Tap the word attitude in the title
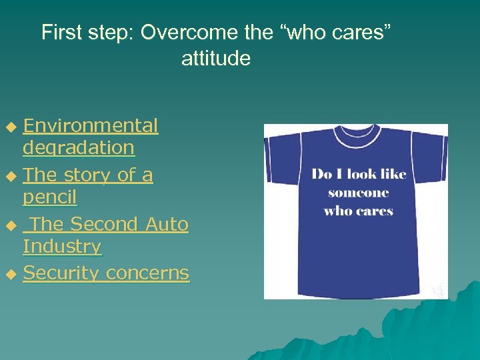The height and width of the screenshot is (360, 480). click(x=216, y=59)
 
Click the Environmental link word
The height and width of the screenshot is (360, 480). click(x=91, y=125)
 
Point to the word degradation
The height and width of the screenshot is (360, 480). click(x=78, y=147)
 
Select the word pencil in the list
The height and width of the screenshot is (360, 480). click(x=49, y=197)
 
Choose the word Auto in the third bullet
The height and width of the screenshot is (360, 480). click(x=167, y=224)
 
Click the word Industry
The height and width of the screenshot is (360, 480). click(x=62, y=246)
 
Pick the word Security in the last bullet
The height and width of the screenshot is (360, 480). click(x=61, y=273)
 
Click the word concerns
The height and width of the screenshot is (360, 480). click(x=147, y=273)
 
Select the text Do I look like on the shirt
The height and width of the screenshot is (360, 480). click(x=359, y=175)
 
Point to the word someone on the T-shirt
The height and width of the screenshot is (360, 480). click(x=358, y=193)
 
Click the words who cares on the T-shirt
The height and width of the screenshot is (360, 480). click(x=358, y=211)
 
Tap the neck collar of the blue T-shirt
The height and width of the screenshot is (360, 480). click(x=356, y=134)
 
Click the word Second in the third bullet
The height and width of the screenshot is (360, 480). click(x=103, y=224)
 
